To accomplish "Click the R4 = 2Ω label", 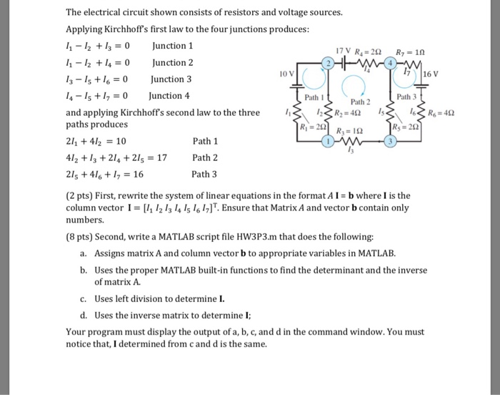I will pos(371,50).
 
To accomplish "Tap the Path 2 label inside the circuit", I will pos(361,102).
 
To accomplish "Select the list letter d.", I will pos(84,316).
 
